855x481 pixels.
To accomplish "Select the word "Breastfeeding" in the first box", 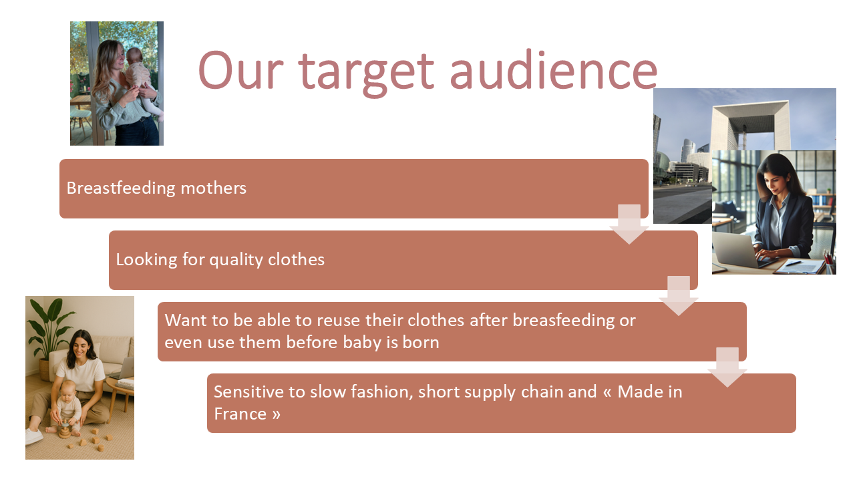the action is pyautogui.click(x=121, y=188).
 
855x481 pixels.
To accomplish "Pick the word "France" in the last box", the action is pyautogui.click(x=240, y=414).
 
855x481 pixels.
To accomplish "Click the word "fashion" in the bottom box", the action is pyautogui.click(x=381, y=392).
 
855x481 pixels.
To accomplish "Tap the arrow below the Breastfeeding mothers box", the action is pyautogui.click(x=629, y=224).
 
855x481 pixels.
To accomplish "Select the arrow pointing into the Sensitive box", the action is pyautogui.click(x=727, y=367).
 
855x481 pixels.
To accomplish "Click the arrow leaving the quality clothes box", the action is pyautogui.click(x=678, y=296).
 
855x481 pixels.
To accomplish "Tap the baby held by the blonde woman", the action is pyautogui.click(x=141, y=80).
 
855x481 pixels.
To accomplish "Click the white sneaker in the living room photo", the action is pyautogui.click(x=34, y=436).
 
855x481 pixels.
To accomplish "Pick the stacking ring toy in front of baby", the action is pyautogui.click(x=64, y=430).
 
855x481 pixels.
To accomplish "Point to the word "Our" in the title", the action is pyautogui.click(x=241, y=71).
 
